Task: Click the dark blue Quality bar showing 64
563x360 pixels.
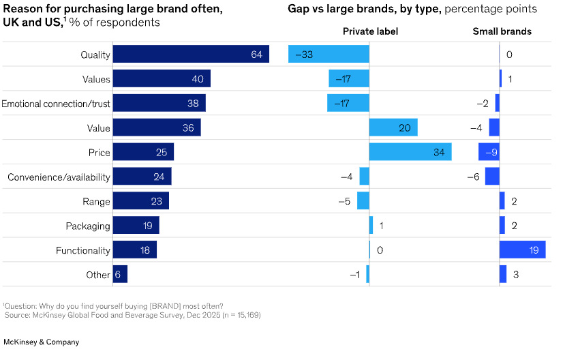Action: point(190,55)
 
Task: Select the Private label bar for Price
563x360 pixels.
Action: point(410,152)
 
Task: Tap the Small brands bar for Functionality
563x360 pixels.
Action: point(522,250)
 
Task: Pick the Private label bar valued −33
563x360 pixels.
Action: point(329,55)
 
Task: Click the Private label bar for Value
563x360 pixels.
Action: point(393,127)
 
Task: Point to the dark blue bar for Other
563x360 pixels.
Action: point(120,275)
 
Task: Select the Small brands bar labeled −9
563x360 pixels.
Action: point(489,152)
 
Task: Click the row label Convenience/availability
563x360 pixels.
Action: point(59,177)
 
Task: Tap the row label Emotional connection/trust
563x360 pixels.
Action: point(56,104)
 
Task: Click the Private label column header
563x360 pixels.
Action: point(370,31)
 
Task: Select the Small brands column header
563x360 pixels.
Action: point(502,31)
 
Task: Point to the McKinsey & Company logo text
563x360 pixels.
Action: point(41,342)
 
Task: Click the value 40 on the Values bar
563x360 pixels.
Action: point(198,79)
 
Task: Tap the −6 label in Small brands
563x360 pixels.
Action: point(473,177)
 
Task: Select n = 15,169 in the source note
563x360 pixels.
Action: point(237,315)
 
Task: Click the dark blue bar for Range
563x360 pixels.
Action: point(140,201)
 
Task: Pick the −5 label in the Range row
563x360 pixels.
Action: point(346,201)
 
